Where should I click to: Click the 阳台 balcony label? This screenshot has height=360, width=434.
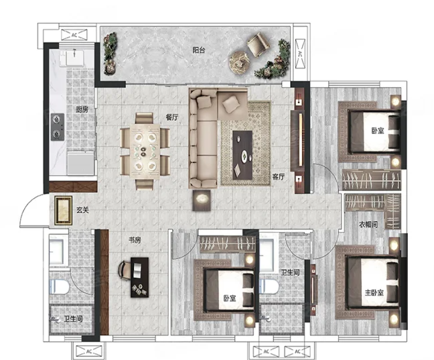(x=199, y=50)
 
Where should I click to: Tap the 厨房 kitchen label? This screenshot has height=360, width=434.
(x=82, y=109)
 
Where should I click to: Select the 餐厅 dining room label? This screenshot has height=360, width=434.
(x=172, y=117)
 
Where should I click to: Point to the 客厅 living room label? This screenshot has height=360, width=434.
(x=279, y=176)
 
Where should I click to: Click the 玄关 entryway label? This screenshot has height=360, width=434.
(x=82, y=210)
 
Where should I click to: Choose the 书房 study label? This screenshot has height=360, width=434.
(x=135, y=240)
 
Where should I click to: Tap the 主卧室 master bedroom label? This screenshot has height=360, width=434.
(x=374, y=292)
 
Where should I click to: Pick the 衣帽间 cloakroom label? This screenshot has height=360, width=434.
(x=368, y=224)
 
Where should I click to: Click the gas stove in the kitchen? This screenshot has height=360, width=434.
(x=58, y=127)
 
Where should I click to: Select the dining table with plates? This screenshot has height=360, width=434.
(x=145, y=151)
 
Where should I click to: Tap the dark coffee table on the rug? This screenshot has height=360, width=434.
(x=242, y=156)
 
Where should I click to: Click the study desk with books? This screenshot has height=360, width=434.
(x=139, y=278)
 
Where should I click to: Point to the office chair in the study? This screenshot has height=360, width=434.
(x=124, y=270)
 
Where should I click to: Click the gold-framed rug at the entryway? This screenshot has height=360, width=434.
(x=64, y=211)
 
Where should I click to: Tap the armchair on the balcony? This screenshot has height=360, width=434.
(x=259, y=44)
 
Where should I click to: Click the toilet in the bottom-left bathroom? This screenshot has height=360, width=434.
(x=59, y=287)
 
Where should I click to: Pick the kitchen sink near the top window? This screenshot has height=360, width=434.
(x=74, y=58)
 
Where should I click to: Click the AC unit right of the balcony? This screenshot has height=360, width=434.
(x=300, y=54)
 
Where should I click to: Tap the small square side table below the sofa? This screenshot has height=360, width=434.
(x=202, y=200)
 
